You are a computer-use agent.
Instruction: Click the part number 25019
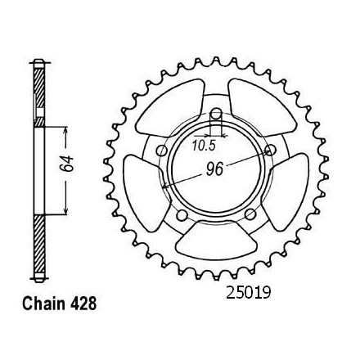point(248,293)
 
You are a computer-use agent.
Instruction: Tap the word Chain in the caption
point(43,304)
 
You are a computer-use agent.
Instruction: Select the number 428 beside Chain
point(83,304)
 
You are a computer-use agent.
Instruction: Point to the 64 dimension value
point(67,164)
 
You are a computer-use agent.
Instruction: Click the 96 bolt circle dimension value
point(214,169)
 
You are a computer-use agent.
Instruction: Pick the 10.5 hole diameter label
point(204,146)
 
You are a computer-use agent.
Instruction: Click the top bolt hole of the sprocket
point(216,114)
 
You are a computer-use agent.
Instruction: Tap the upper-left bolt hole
point(162,151)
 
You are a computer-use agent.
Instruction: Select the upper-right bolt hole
point(271,150)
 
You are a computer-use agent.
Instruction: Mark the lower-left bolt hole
point(182,215)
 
